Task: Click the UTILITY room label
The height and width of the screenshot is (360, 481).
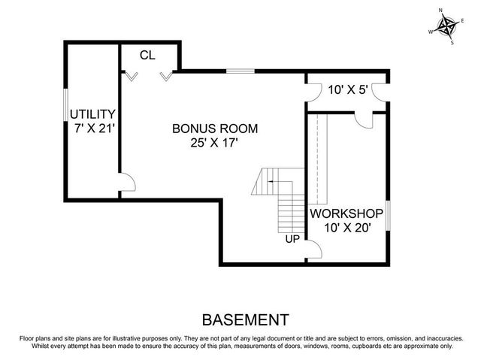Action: coord(92,113)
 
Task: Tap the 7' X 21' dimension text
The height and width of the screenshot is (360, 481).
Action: coord(93,128)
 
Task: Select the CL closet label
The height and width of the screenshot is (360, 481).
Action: coord(148,55)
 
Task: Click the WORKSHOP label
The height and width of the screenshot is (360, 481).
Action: coord(346,213)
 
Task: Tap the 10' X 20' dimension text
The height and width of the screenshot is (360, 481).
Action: coord(346,228)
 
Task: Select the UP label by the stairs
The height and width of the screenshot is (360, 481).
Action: coord(293,240)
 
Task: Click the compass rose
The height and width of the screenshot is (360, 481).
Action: coord(448,28)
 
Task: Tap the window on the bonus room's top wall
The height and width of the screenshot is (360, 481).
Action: coord(240,71)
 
